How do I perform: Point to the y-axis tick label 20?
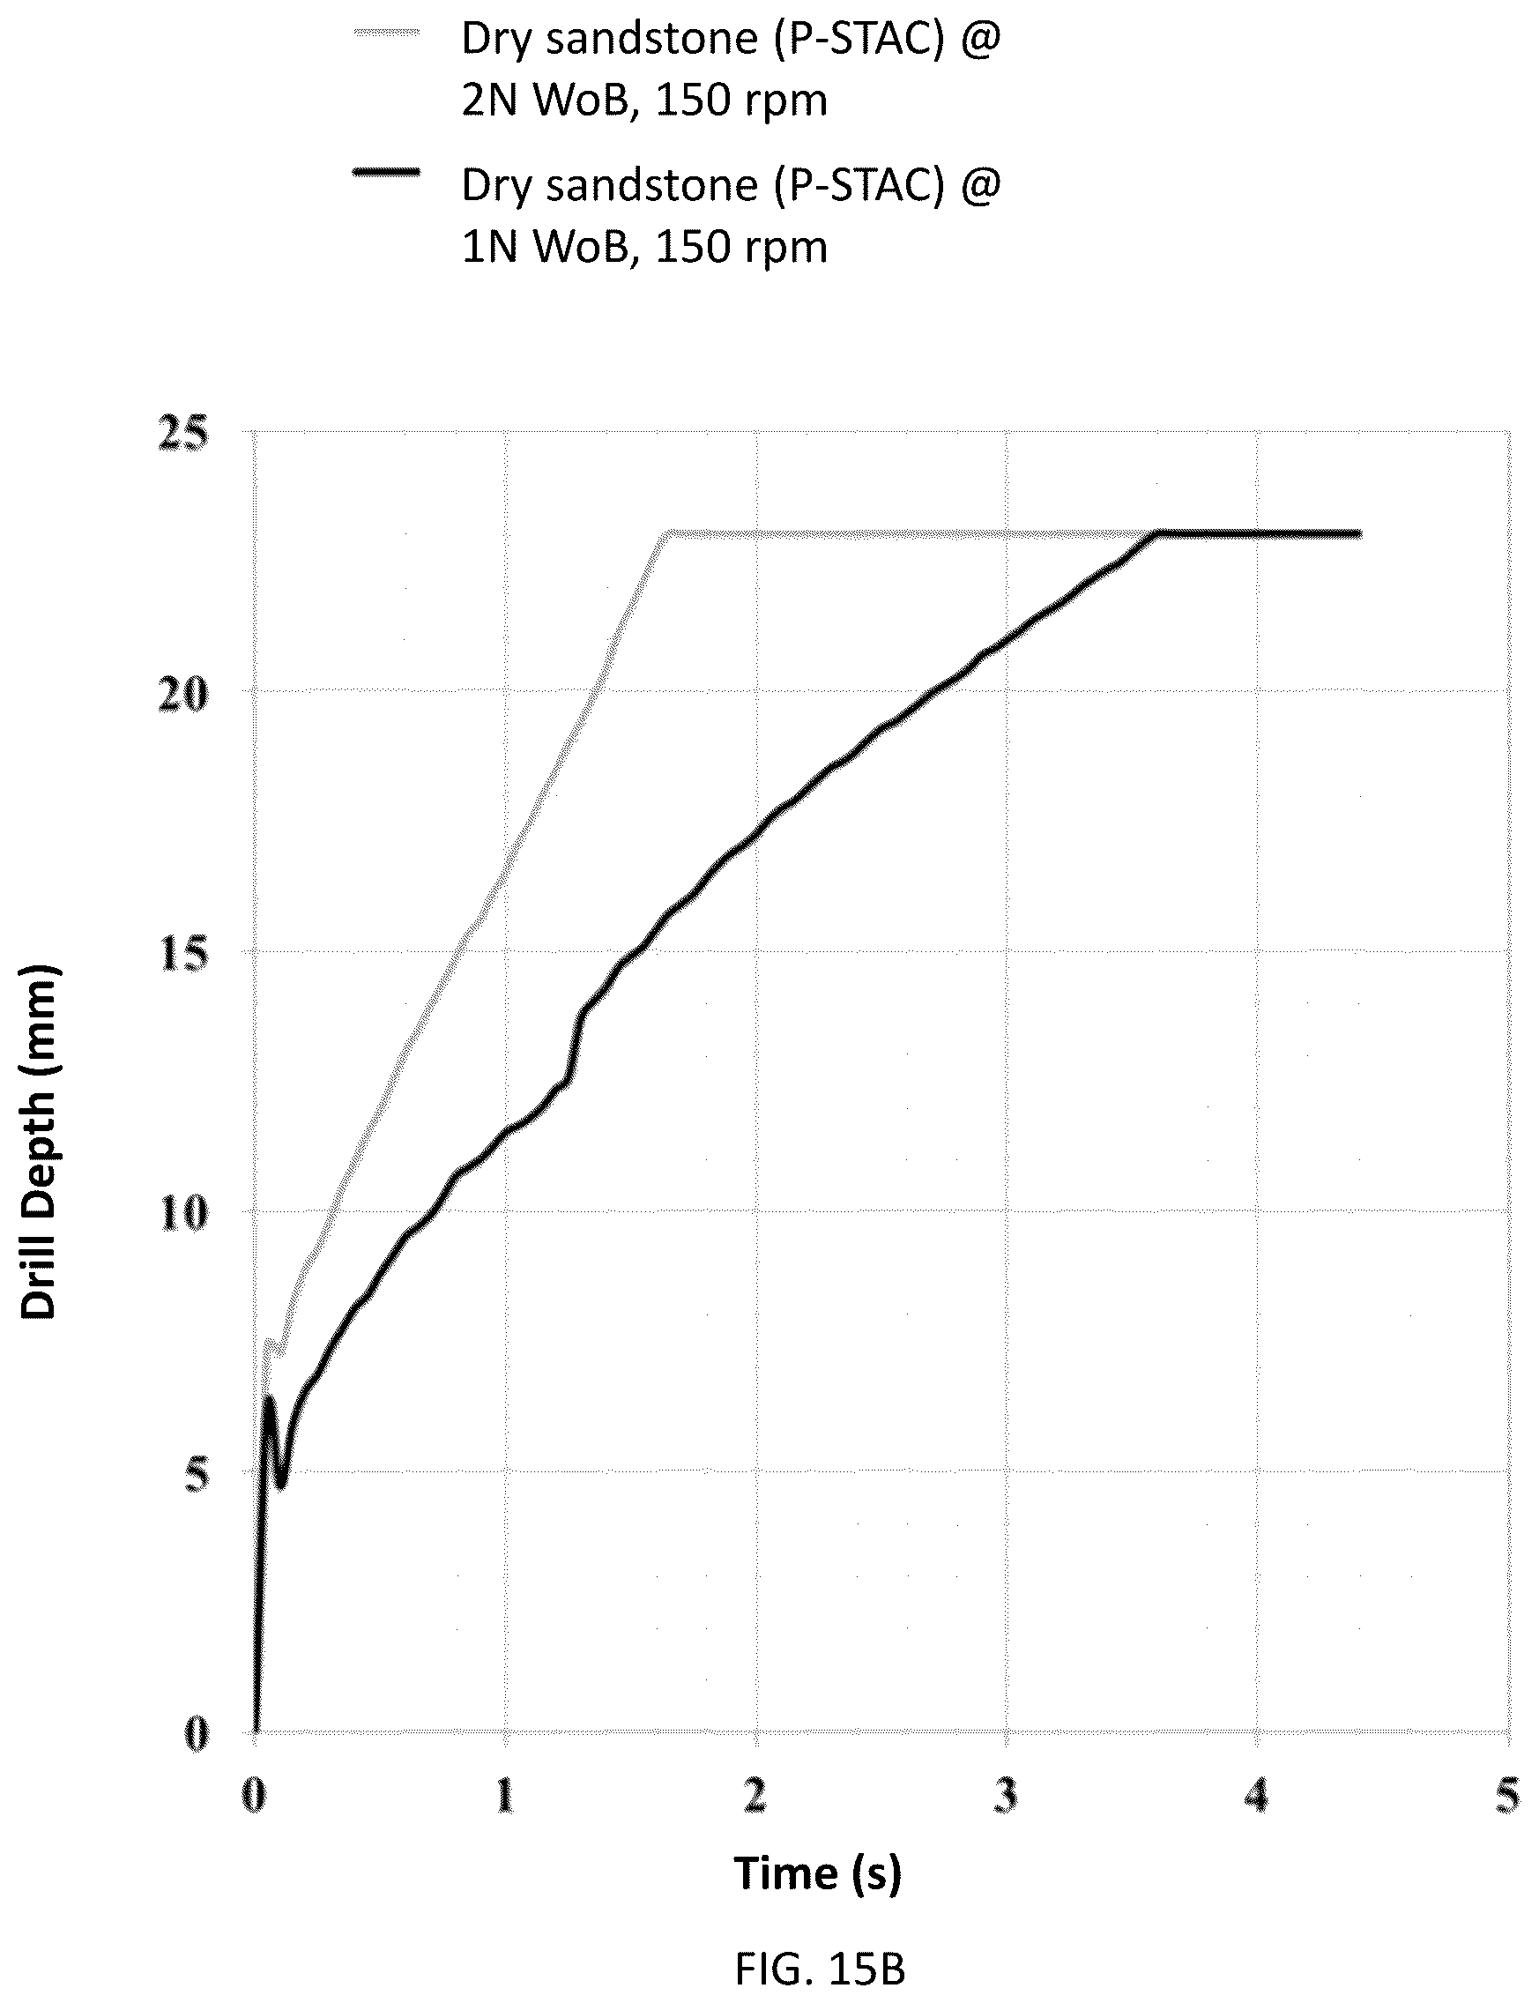click(183, 695)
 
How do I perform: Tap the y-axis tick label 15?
click(183, 955)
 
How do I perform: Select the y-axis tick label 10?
click(183, 1215)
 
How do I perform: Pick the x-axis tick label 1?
click(505, 1796)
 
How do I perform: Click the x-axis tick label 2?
click(755, 1796)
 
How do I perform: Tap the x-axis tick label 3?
click(1006, 1796)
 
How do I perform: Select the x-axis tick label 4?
click(1257, 1796)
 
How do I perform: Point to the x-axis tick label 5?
click(1507, 1796)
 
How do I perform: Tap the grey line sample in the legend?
click(387, 33)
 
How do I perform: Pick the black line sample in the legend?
click(387, 172)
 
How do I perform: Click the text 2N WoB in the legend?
click(546, 100)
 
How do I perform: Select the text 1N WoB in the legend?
click(546, 247)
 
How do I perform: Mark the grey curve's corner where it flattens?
click(668, 532)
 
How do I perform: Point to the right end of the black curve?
click(1360, 533)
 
